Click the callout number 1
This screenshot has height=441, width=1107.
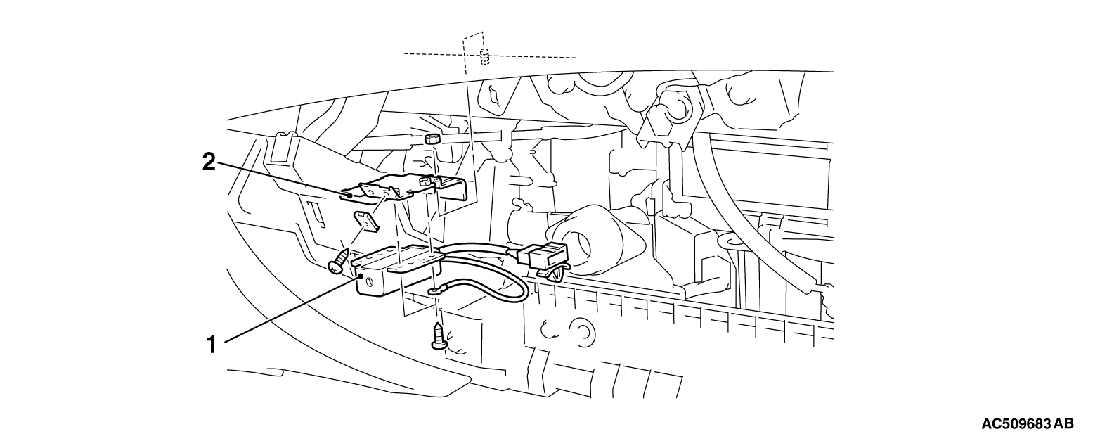tap(211, 345)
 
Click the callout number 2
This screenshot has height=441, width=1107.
tap(209, 162)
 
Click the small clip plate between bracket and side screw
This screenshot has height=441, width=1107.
tap(368, 220)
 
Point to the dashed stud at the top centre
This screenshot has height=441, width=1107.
tap(485, 56)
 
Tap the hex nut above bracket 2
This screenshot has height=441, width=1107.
tap(432, 138)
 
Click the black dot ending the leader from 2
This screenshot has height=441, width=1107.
tap(350, 196)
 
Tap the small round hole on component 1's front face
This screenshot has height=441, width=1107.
tap(369, 282)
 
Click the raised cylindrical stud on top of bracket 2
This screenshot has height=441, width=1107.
tap(424, 183)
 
